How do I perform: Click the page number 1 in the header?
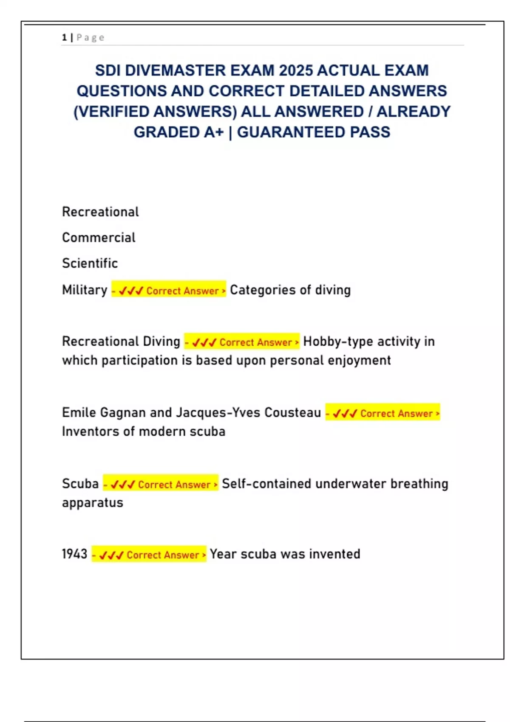64,37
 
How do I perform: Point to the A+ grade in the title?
213,133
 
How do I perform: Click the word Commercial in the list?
99,237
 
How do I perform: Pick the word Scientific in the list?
90,263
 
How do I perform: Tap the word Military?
85,290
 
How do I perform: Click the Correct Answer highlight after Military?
169,290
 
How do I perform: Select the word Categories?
263,290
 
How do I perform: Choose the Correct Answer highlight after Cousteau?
382,413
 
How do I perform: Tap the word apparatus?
92,503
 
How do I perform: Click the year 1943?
74,554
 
